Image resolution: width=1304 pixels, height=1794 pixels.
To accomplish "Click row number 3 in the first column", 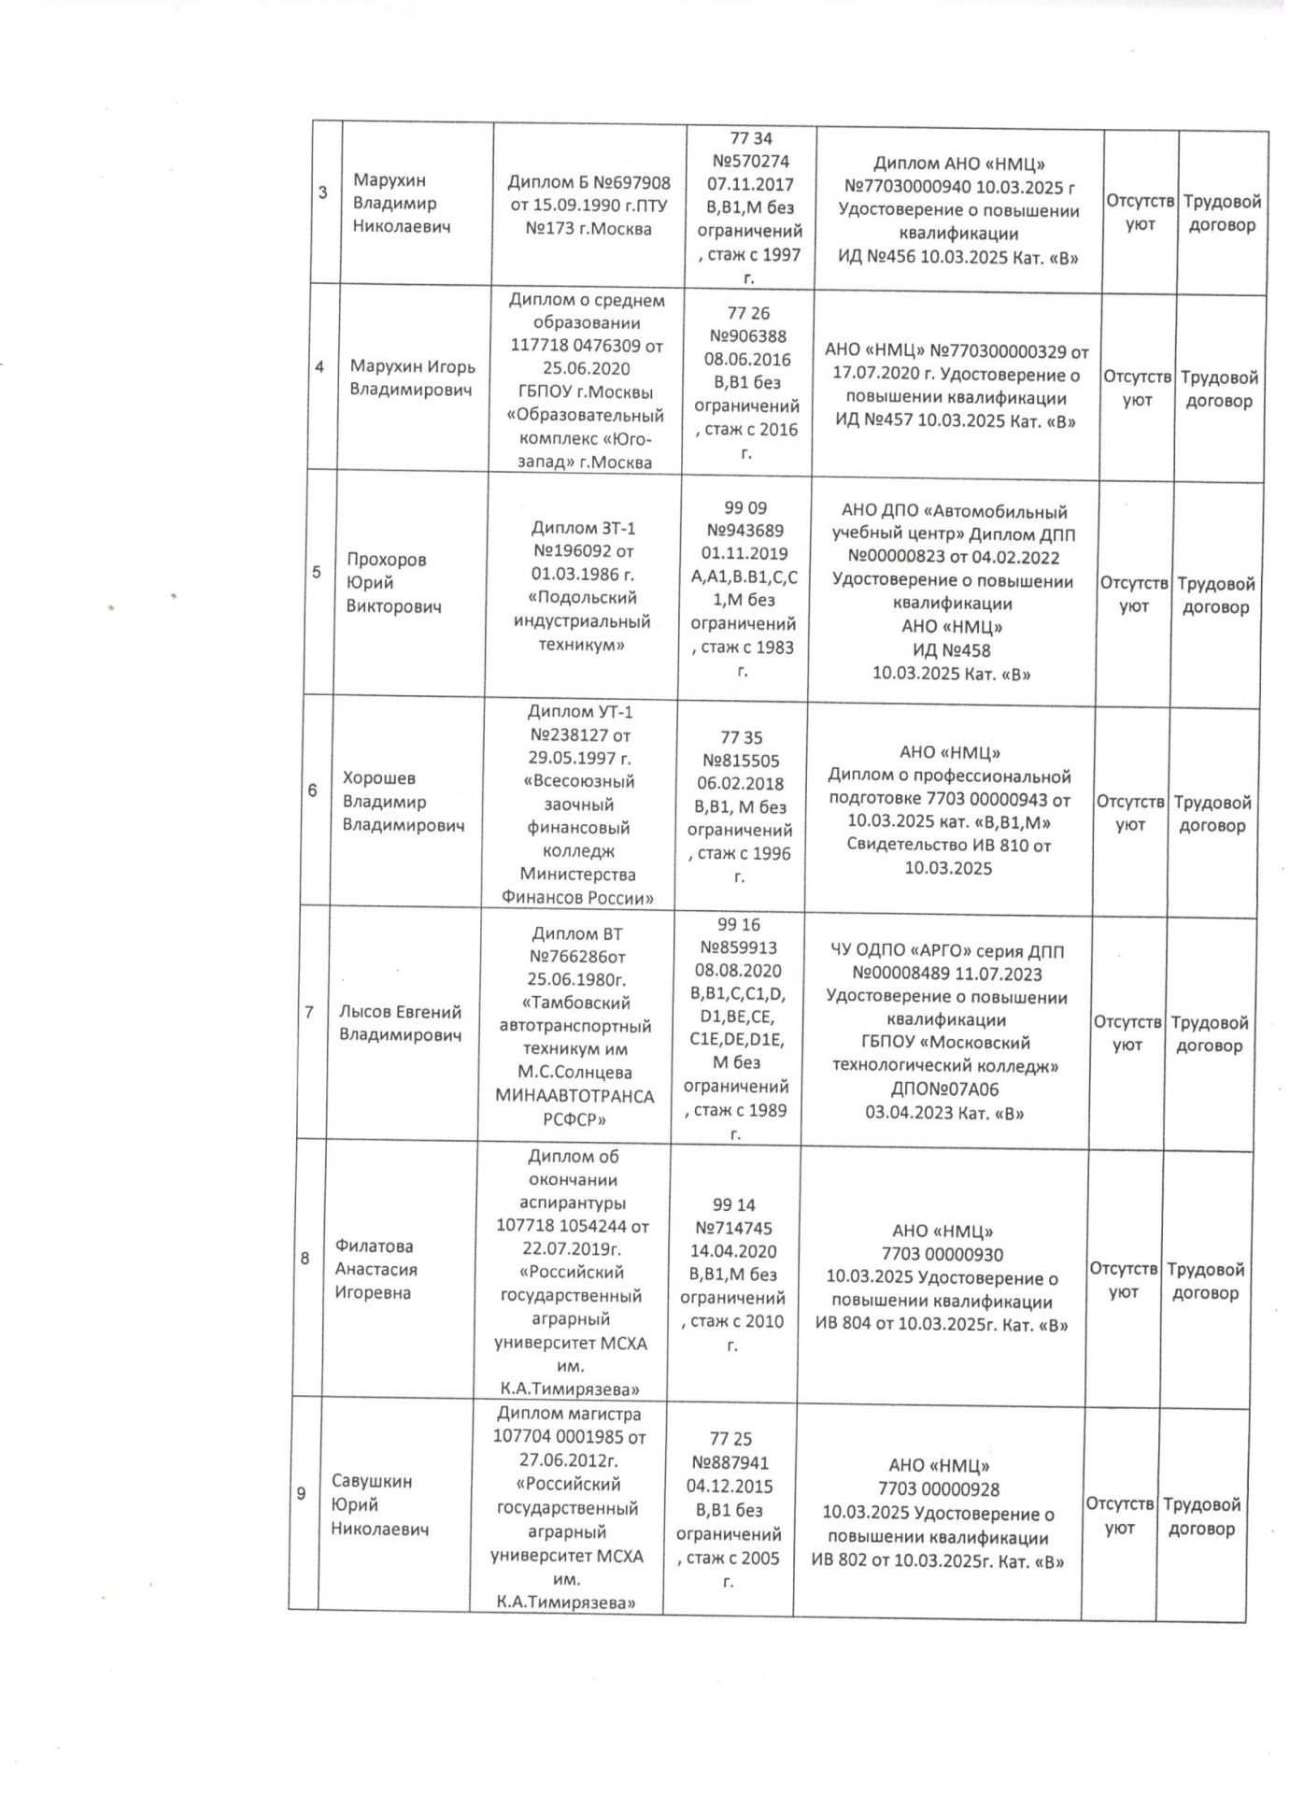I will coord(323,194).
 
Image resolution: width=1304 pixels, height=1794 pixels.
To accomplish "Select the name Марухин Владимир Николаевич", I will coord(394,204).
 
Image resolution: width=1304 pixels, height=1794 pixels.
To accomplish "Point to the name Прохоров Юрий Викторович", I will coord(392,583).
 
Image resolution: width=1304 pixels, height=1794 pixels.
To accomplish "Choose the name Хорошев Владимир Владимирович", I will coord(403,802).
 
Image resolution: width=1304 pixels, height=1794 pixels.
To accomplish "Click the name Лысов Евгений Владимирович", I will coord(400,1023).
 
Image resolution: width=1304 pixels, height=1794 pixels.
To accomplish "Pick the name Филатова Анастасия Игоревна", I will coord(376,1270).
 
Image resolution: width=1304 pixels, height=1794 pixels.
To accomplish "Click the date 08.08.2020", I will coord(738,971).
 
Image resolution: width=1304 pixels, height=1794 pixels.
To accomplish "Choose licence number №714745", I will coord(734,1229).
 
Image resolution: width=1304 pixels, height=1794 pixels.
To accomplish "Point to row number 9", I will coord(302,1494).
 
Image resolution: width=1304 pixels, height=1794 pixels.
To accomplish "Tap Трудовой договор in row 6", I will coord(1212,814).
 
